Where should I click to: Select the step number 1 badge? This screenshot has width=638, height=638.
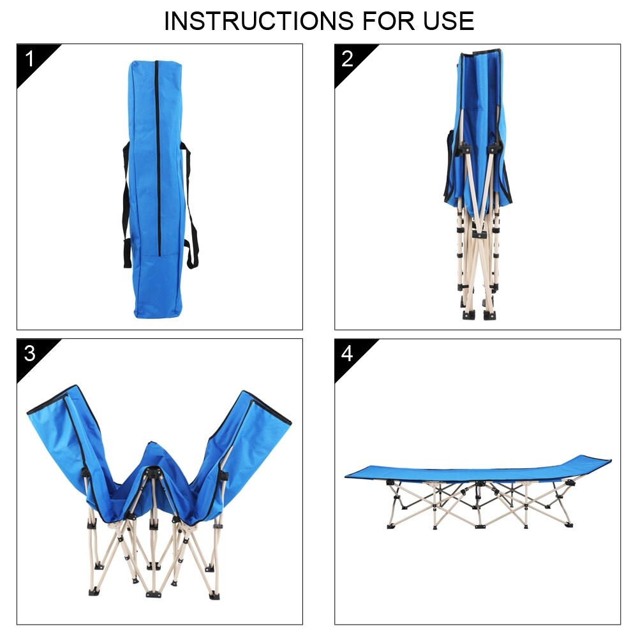29,59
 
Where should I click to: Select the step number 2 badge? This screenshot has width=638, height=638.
348,59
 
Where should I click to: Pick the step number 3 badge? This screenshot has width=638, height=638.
29,353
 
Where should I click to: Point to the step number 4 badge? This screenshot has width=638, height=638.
348,353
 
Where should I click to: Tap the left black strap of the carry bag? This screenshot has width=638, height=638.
125,204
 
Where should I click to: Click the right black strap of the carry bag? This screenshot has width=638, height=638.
190,204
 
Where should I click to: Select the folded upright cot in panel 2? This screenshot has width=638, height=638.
478,185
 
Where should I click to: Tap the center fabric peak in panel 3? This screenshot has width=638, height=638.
152,459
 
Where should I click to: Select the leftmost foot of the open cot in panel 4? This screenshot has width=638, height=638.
390,526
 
